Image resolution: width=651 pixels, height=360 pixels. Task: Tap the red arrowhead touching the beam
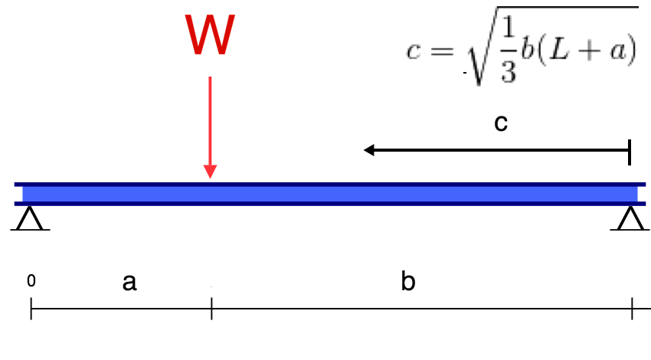210,172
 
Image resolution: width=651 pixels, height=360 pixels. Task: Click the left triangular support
31,219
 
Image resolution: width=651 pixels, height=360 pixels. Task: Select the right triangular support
630,219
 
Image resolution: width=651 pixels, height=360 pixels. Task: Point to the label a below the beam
129,283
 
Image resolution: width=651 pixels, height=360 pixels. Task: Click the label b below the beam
408,282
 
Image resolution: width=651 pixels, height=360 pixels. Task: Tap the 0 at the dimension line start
31,281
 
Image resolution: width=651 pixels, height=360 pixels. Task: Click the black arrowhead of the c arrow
369,151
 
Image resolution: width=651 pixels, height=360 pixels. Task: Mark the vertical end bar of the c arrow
630,152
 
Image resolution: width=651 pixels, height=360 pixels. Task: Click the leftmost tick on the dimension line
31,309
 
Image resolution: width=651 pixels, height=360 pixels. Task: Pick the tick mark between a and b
211,309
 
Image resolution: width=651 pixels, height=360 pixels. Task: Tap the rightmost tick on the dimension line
632,309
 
